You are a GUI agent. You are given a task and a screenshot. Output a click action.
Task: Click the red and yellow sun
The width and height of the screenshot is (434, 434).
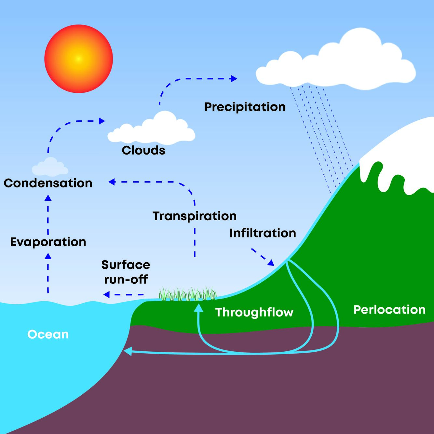pos(78,59)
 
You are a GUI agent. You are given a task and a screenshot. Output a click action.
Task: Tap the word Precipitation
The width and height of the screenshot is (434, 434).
pos(245,107)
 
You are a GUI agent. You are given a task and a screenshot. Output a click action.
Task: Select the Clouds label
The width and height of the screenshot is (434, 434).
pos(143,150)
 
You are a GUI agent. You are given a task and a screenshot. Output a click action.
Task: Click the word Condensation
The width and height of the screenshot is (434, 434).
pos(48,183)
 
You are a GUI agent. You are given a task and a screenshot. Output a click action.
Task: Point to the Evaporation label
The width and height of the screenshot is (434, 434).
pos(48,242)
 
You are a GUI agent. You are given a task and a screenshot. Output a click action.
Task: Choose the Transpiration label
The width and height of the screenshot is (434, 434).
pos(195,216)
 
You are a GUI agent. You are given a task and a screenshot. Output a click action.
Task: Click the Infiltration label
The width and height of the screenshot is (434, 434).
pos(263,233)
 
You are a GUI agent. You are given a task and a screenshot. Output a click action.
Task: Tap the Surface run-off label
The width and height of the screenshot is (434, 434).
pos(126,272)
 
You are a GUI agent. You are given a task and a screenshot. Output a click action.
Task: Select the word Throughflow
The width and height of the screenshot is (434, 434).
pos(254,312)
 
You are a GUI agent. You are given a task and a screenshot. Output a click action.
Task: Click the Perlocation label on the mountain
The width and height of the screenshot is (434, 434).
pos(389,310)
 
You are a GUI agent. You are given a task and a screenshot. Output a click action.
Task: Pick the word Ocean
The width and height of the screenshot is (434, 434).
pos(48,334)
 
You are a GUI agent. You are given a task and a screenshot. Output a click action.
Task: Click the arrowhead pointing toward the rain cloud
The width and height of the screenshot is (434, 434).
pos(234,78)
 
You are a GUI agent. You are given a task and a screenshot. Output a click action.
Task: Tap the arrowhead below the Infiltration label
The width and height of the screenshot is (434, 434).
pos(270,263)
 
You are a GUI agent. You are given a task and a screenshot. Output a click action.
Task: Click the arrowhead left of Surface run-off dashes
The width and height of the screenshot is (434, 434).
pos(106,295)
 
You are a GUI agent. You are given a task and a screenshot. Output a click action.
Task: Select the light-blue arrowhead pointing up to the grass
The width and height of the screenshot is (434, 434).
pos(198,308)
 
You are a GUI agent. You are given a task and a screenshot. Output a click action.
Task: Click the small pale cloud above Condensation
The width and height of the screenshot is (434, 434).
pos(50,167)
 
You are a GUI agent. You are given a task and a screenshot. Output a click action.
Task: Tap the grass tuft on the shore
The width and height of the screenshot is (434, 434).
pos(187,293)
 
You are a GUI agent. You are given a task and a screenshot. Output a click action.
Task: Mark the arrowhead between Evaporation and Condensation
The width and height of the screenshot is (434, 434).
pos(48,197)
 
